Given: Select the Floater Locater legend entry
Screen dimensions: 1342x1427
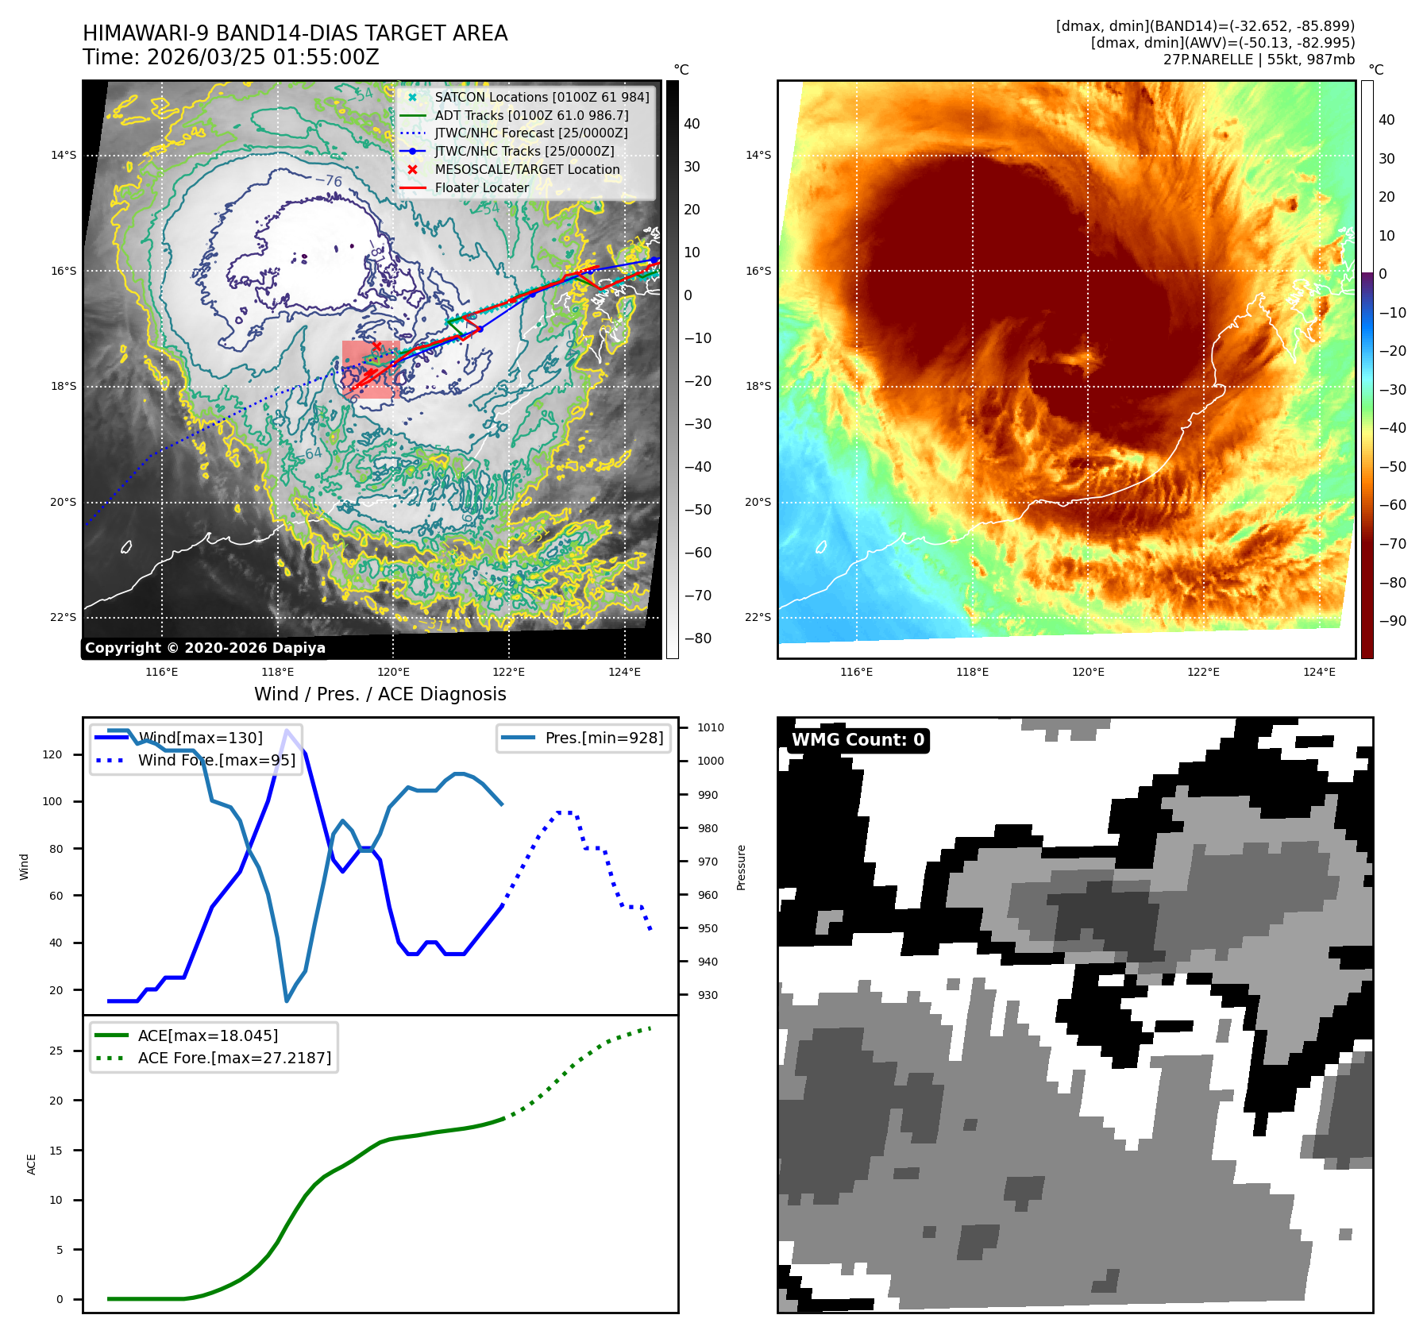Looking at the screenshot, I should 481,188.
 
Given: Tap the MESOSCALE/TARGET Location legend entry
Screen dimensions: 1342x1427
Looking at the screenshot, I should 526,170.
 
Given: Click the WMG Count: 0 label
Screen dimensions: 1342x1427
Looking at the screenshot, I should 858,740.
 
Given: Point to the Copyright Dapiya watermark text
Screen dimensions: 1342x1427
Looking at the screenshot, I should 205,648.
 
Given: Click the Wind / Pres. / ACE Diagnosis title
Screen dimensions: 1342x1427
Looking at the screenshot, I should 380,694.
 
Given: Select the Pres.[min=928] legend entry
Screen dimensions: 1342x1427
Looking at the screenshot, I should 604,738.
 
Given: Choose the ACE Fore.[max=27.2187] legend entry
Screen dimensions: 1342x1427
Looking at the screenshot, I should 234,1058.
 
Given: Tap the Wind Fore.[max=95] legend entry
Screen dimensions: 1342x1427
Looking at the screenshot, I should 216,760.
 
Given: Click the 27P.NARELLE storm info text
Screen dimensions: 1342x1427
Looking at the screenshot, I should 1259,60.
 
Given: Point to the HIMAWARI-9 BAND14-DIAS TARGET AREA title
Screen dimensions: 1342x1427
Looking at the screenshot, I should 295,33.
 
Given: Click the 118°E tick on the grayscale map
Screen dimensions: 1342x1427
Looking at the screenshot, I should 277,673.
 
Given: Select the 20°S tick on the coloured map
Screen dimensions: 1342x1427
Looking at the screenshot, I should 758,502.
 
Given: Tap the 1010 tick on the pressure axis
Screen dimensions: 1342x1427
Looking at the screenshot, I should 710,727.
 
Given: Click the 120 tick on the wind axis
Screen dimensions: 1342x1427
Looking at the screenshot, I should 52,754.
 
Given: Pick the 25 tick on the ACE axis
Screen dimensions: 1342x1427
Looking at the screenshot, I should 56,1051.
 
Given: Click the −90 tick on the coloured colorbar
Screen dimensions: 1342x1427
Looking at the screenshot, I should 1392,621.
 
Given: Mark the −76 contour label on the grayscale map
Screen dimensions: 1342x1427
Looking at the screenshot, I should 328,180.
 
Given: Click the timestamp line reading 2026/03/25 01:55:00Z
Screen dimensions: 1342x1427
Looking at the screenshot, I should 230,57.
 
